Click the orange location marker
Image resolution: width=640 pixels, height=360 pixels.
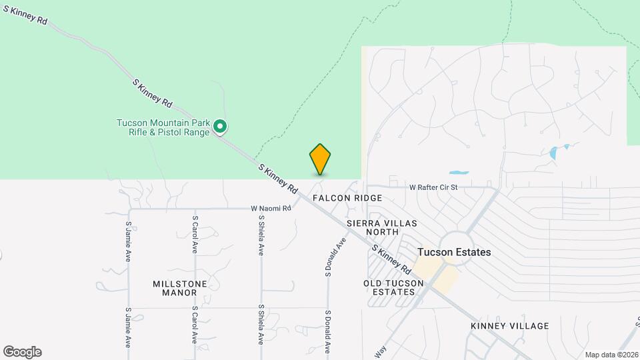coord(320,159)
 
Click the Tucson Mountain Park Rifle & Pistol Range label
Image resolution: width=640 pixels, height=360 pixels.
coord(163,127)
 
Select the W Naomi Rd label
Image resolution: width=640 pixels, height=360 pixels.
coord(271,209)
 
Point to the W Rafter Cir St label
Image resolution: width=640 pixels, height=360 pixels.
coord(433,188)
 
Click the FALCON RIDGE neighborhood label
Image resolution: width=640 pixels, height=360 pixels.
coord(347,198)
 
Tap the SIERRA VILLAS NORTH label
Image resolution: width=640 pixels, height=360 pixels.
coord(373,227)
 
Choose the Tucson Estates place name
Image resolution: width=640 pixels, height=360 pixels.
coord(454,252)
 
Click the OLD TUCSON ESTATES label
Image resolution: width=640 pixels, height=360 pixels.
coord(393,288)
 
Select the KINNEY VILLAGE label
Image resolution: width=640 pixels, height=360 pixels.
coord(509,326)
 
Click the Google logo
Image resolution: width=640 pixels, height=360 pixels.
coord(22,352)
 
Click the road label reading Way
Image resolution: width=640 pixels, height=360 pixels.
coord(381,351)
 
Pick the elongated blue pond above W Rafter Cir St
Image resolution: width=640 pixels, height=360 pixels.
coord(459,173)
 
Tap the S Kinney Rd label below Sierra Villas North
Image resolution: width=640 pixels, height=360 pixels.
coord(391,259)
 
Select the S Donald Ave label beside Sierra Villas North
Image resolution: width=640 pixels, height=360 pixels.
coord(337,257)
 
